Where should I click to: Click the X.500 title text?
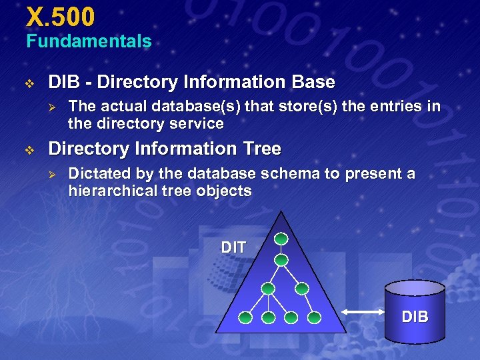tap(61, 15)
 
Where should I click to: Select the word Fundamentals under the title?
tap(89, 41)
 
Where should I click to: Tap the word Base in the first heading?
tap(313, 82)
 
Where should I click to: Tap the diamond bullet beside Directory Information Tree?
tap(29, 150)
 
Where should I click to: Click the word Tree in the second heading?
tap(261, 148)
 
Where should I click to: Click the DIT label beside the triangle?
tap(233, 247)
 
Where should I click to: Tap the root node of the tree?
tap(281, 238)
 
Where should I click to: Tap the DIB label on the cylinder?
tap(415, 317)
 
